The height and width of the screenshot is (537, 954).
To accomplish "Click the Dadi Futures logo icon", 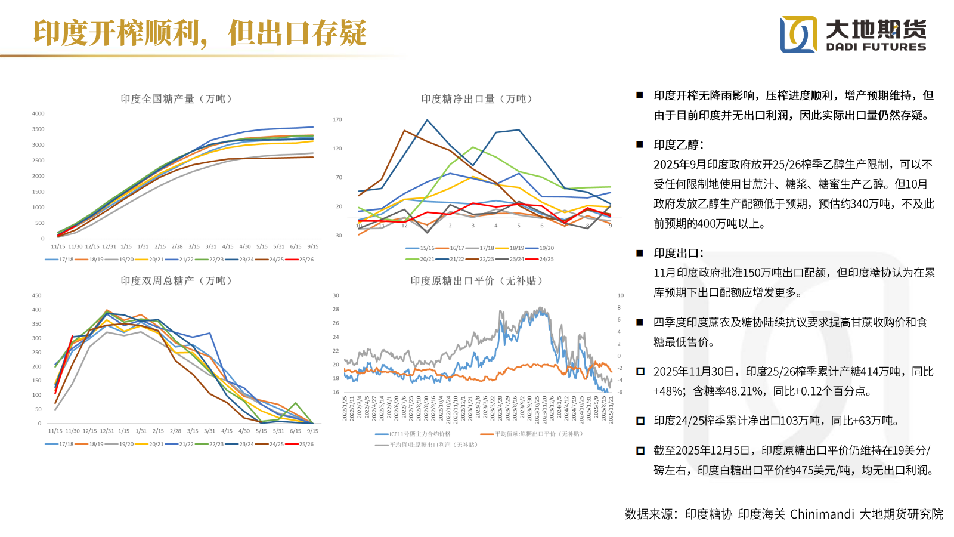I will coord(799,34).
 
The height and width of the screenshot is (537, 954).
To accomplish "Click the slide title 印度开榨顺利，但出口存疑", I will coord(200,33).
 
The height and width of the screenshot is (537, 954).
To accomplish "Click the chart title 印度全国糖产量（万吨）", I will coord(176,99).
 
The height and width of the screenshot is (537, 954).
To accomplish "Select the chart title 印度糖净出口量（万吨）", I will coord(476,99).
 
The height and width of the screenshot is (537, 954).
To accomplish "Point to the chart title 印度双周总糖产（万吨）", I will coord(176,281).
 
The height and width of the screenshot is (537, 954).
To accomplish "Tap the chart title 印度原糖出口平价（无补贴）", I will coord(476,281).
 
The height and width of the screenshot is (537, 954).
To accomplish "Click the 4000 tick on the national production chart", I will coord(38,113).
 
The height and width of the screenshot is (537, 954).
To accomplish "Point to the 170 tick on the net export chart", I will coord(337,119).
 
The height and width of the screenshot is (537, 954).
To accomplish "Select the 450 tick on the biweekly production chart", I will coord(37,295).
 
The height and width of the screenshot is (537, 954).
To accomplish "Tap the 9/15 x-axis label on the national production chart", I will coord(312,246).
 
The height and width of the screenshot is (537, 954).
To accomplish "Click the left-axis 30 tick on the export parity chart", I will coord(336,295).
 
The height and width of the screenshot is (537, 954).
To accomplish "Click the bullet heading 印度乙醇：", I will coord(679,145).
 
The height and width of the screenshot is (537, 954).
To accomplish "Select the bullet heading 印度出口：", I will coord(679,253).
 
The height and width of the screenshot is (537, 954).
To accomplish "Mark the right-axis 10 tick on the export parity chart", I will coord(621,295).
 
